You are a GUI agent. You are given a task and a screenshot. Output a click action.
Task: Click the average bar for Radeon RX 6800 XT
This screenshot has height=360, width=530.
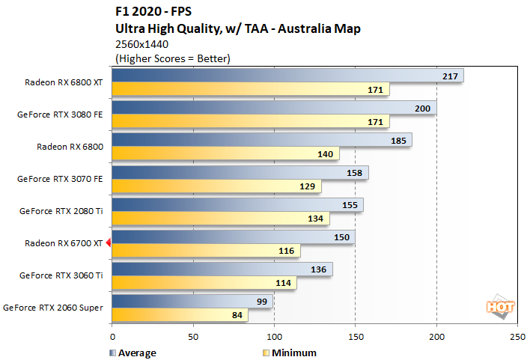click(287, 76)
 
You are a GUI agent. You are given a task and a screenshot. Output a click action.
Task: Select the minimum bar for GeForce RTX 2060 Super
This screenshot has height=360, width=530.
click(180, 315)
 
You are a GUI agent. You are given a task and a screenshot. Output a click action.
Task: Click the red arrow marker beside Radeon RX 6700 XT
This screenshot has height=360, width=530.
click(108, 242)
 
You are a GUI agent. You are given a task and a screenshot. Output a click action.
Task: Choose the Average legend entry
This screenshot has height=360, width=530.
click(135, 353)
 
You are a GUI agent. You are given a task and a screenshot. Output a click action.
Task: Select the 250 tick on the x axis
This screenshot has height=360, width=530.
click(517, 338)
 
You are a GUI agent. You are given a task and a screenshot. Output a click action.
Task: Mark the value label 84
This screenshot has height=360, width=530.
click(237, 315)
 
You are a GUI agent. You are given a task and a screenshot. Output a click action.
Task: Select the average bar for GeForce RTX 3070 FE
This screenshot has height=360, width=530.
click(240, 173)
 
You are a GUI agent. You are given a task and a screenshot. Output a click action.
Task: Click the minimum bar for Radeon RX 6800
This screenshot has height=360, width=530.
click(225, 153)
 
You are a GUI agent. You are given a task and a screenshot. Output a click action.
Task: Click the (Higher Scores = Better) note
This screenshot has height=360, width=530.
click(172, 58)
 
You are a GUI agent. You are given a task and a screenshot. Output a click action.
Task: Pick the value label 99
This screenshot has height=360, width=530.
click(262, 301)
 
